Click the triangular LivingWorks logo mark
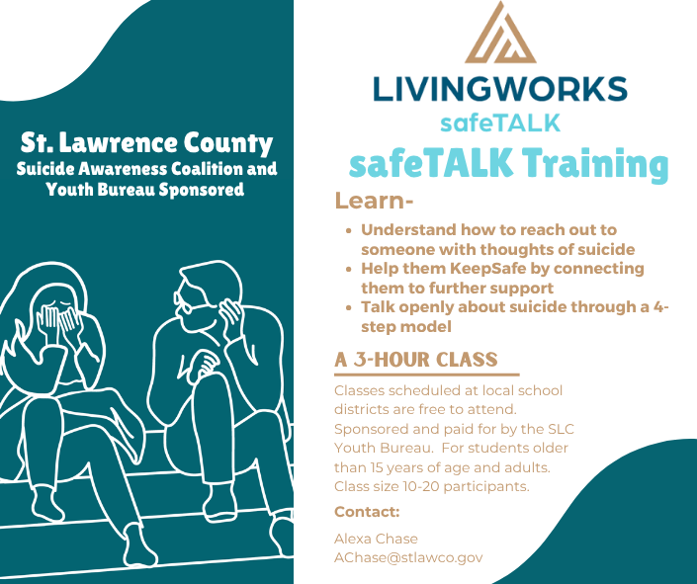tap(500, 33)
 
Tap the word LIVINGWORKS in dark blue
tap(500, 89)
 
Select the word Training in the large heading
tap(595, 164)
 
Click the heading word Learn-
tap(374, 201)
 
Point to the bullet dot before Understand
tap(349, 230)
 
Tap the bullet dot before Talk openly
tap(349, 307)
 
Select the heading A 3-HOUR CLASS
tap(416, 360)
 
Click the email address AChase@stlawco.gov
tap(408, 557)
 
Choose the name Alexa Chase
tap(376, 539)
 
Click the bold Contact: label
tap(367, 512)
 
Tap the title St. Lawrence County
tap(146, 143)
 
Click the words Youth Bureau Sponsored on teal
tap(145, 190)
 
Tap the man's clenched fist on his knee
tap(206, 363)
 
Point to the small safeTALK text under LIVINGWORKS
tap(500, 124)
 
